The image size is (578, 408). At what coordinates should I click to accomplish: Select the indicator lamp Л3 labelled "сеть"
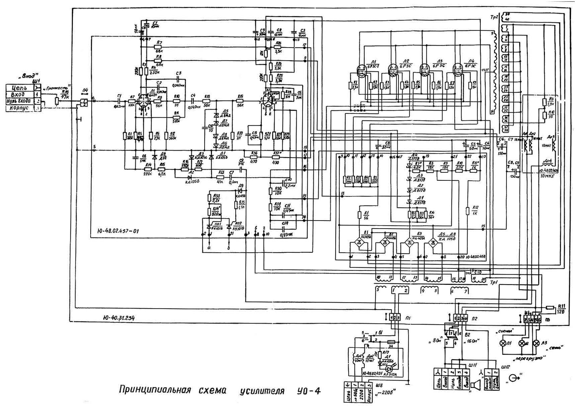point(536,343)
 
